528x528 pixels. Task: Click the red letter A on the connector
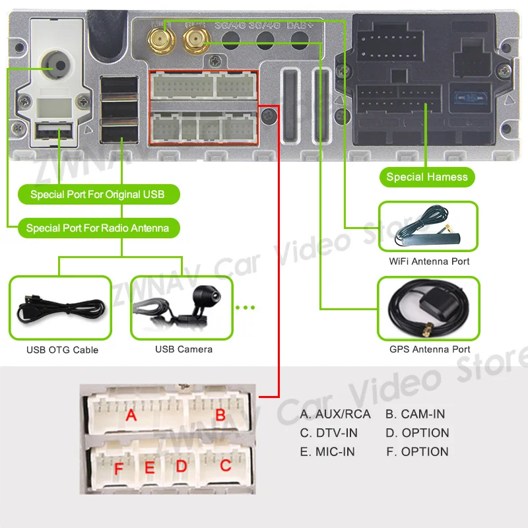point(131,415)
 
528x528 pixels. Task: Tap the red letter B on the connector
point(221,416)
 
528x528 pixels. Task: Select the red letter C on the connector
point(226,465)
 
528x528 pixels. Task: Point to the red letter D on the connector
point(181,467)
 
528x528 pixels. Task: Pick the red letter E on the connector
point(150,468)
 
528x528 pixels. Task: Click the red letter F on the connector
point(119,470)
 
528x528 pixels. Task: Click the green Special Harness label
point(427,176)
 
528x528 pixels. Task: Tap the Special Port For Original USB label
point(97,195)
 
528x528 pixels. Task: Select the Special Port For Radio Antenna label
point(97,228)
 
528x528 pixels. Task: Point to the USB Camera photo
point(183,308)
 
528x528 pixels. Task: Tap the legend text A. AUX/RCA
point(335,414)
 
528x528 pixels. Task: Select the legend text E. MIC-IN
point(327,452)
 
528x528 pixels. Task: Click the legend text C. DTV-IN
point(329,433)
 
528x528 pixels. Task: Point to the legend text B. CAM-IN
point(415,414)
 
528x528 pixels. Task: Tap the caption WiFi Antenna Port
point(429,262)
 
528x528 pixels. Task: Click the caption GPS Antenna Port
point(429,349)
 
